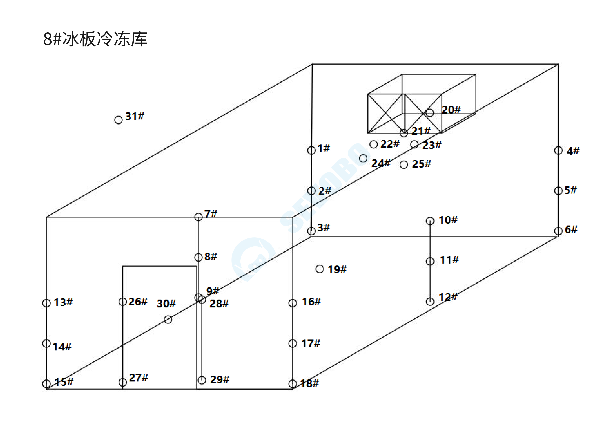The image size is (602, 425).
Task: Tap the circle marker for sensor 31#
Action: point(119,120)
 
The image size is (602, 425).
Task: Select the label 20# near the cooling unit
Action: point(451,110)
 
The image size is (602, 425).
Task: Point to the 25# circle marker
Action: point(404,165)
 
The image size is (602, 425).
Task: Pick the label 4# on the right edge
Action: point(573,151)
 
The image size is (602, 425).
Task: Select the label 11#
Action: point(449,260)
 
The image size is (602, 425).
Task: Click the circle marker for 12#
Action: point(430,302)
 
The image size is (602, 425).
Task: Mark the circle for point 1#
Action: point(311,150)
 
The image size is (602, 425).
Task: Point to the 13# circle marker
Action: point(46,303)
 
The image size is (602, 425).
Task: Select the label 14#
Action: point(62,347)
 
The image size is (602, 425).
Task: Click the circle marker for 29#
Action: point(202,380)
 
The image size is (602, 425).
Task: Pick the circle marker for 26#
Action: point(123,302)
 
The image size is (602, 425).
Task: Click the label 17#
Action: point(311,343)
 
